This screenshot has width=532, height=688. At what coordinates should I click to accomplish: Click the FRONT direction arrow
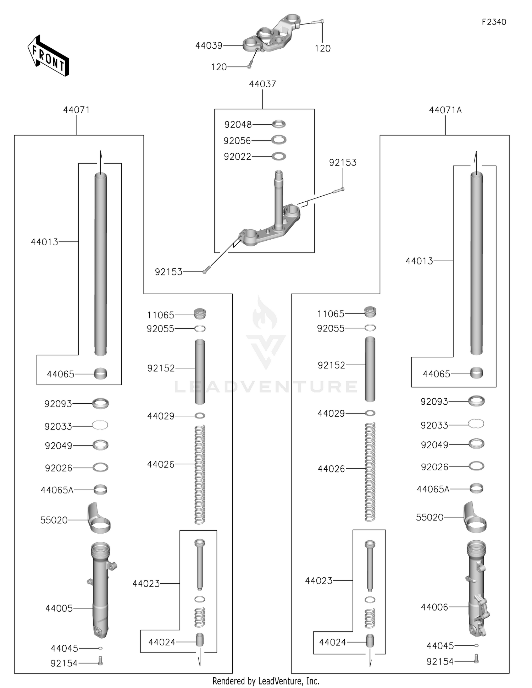(48, 56)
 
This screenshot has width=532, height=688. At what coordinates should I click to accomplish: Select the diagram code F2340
(494, 22)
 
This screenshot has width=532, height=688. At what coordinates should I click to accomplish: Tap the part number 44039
(209, 45)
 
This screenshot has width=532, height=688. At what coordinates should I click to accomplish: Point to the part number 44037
(262, 84)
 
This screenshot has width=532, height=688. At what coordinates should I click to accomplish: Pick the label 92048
(238, 125)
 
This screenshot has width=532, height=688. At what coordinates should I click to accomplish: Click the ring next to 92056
(279, 140)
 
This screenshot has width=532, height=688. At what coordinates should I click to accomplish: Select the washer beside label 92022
(279, 156)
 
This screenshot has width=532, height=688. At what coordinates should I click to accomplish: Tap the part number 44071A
(445, 110)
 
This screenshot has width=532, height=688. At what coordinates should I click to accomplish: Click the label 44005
(59, 608)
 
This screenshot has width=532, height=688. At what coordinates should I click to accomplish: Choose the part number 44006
(434, 607)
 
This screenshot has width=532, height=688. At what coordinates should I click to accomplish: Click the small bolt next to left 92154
(100, 661)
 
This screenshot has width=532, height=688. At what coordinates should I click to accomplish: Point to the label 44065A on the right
(433, 489)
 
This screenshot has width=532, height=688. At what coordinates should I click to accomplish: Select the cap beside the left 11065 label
(200, 314)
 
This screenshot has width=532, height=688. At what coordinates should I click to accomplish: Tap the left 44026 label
(161, 464)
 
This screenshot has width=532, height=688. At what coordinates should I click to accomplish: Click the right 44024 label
(332, 642)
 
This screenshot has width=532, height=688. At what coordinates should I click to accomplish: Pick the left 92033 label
(58, 426)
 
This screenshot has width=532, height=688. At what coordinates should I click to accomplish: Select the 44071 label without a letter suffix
(76, 110)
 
